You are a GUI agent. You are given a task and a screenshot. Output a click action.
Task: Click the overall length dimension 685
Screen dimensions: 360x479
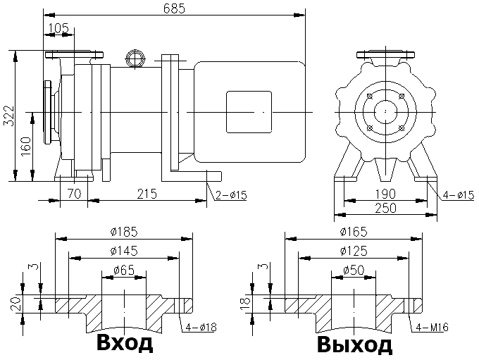coord(174,8)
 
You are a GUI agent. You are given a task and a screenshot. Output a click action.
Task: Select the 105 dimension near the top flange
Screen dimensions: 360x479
coord(60,27)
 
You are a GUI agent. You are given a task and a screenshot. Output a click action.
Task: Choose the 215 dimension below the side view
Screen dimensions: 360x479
coord(145,192)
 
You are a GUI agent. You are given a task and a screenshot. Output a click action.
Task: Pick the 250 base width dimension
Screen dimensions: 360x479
coord(385,208)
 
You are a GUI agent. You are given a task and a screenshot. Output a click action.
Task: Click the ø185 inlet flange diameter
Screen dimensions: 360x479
coord(123,230)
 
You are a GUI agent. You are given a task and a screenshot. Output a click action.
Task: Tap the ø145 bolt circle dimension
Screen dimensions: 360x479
coord(123,251)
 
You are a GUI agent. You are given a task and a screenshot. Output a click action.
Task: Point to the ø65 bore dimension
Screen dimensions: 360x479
coord(123,270)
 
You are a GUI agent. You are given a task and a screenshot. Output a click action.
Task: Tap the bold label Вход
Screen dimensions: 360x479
coord(123,345)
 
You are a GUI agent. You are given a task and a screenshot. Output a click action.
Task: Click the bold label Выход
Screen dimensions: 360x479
coord(354,345)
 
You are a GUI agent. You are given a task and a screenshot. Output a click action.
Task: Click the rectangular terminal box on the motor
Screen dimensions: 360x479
coord(248,112)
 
